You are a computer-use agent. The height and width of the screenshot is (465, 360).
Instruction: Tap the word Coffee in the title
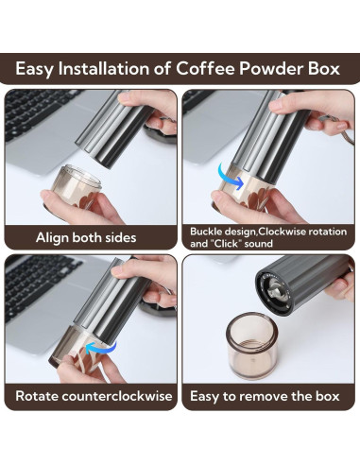click(x=223, y=69)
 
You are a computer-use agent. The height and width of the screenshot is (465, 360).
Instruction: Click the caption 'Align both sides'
click(x=86, y=237)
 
